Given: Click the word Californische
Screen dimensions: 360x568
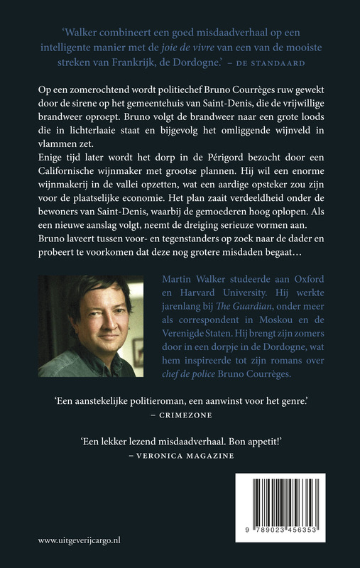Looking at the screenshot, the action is point(70,202).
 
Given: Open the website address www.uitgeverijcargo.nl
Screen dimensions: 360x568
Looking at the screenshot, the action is point(80,540).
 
